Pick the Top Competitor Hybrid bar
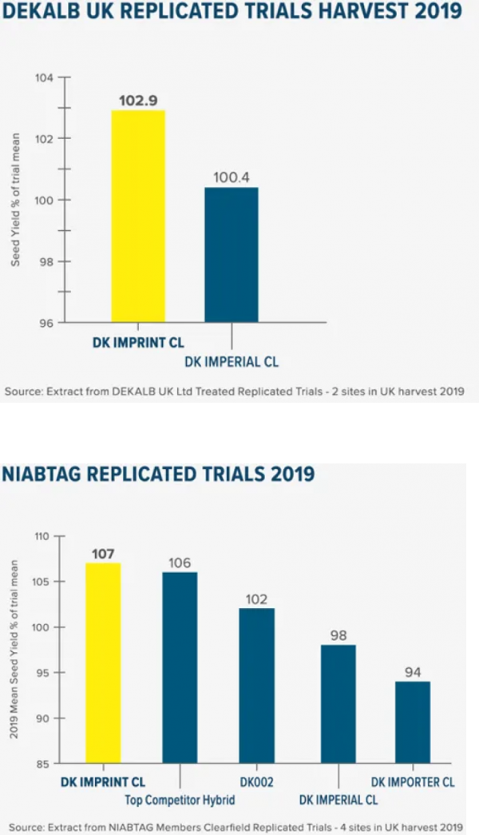tap(180, 668)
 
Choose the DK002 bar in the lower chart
tap(257, 686)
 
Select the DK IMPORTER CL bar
tap(412, 722)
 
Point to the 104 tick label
tap(44, 78)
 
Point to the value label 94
tap(412, 673)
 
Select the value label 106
tap(180, 563)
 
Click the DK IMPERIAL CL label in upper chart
tap(232, 362)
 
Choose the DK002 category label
tap(256, 782)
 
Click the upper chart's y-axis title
tap(15, 200)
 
